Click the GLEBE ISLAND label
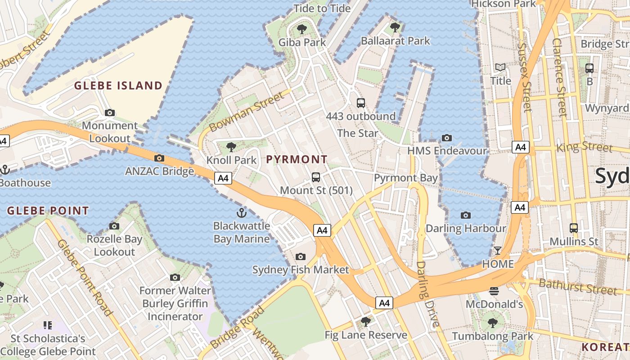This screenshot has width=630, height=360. click(x=118, y=85)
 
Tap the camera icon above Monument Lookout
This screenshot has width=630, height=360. click(x=109, y=112)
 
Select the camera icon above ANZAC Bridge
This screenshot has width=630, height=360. click(x=159, y=158)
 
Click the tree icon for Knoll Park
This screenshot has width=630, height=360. click(x=231, y=147)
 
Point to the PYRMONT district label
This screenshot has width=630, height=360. click(x=297, y=159)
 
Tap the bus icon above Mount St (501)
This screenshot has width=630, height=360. click(x=316, y=177)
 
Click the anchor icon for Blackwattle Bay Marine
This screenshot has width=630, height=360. click(x=242, y=212)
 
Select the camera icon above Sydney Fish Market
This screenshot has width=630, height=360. click(x=300, y=256)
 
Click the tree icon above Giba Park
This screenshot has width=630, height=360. click(x=301, y=29)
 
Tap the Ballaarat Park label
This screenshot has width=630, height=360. click(x=396, y=41)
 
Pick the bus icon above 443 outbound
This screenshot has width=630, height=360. click(x=360, y=103)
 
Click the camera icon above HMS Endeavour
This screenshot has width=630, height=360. click(x=447, y=138)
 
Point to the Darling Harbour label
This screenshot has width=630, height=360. click(x=466, y=228)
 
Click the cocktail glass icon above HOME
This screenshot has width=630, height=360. click(x=498, y=250)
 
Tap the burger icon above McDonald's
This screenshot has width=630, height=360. click(x=494, y=291)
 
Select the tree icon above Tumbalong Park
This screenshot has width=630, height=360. click(x=492, y=323)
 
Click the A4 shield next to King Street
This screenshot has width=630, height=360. click(x=520, y=147)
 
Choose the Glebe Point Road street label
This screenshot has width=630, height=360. click(x=85, y=277)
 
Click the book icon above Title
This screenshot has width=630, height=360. click(x=500, y=67)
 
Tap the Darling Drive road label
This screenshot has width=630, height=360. click(x=427, y=295)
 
